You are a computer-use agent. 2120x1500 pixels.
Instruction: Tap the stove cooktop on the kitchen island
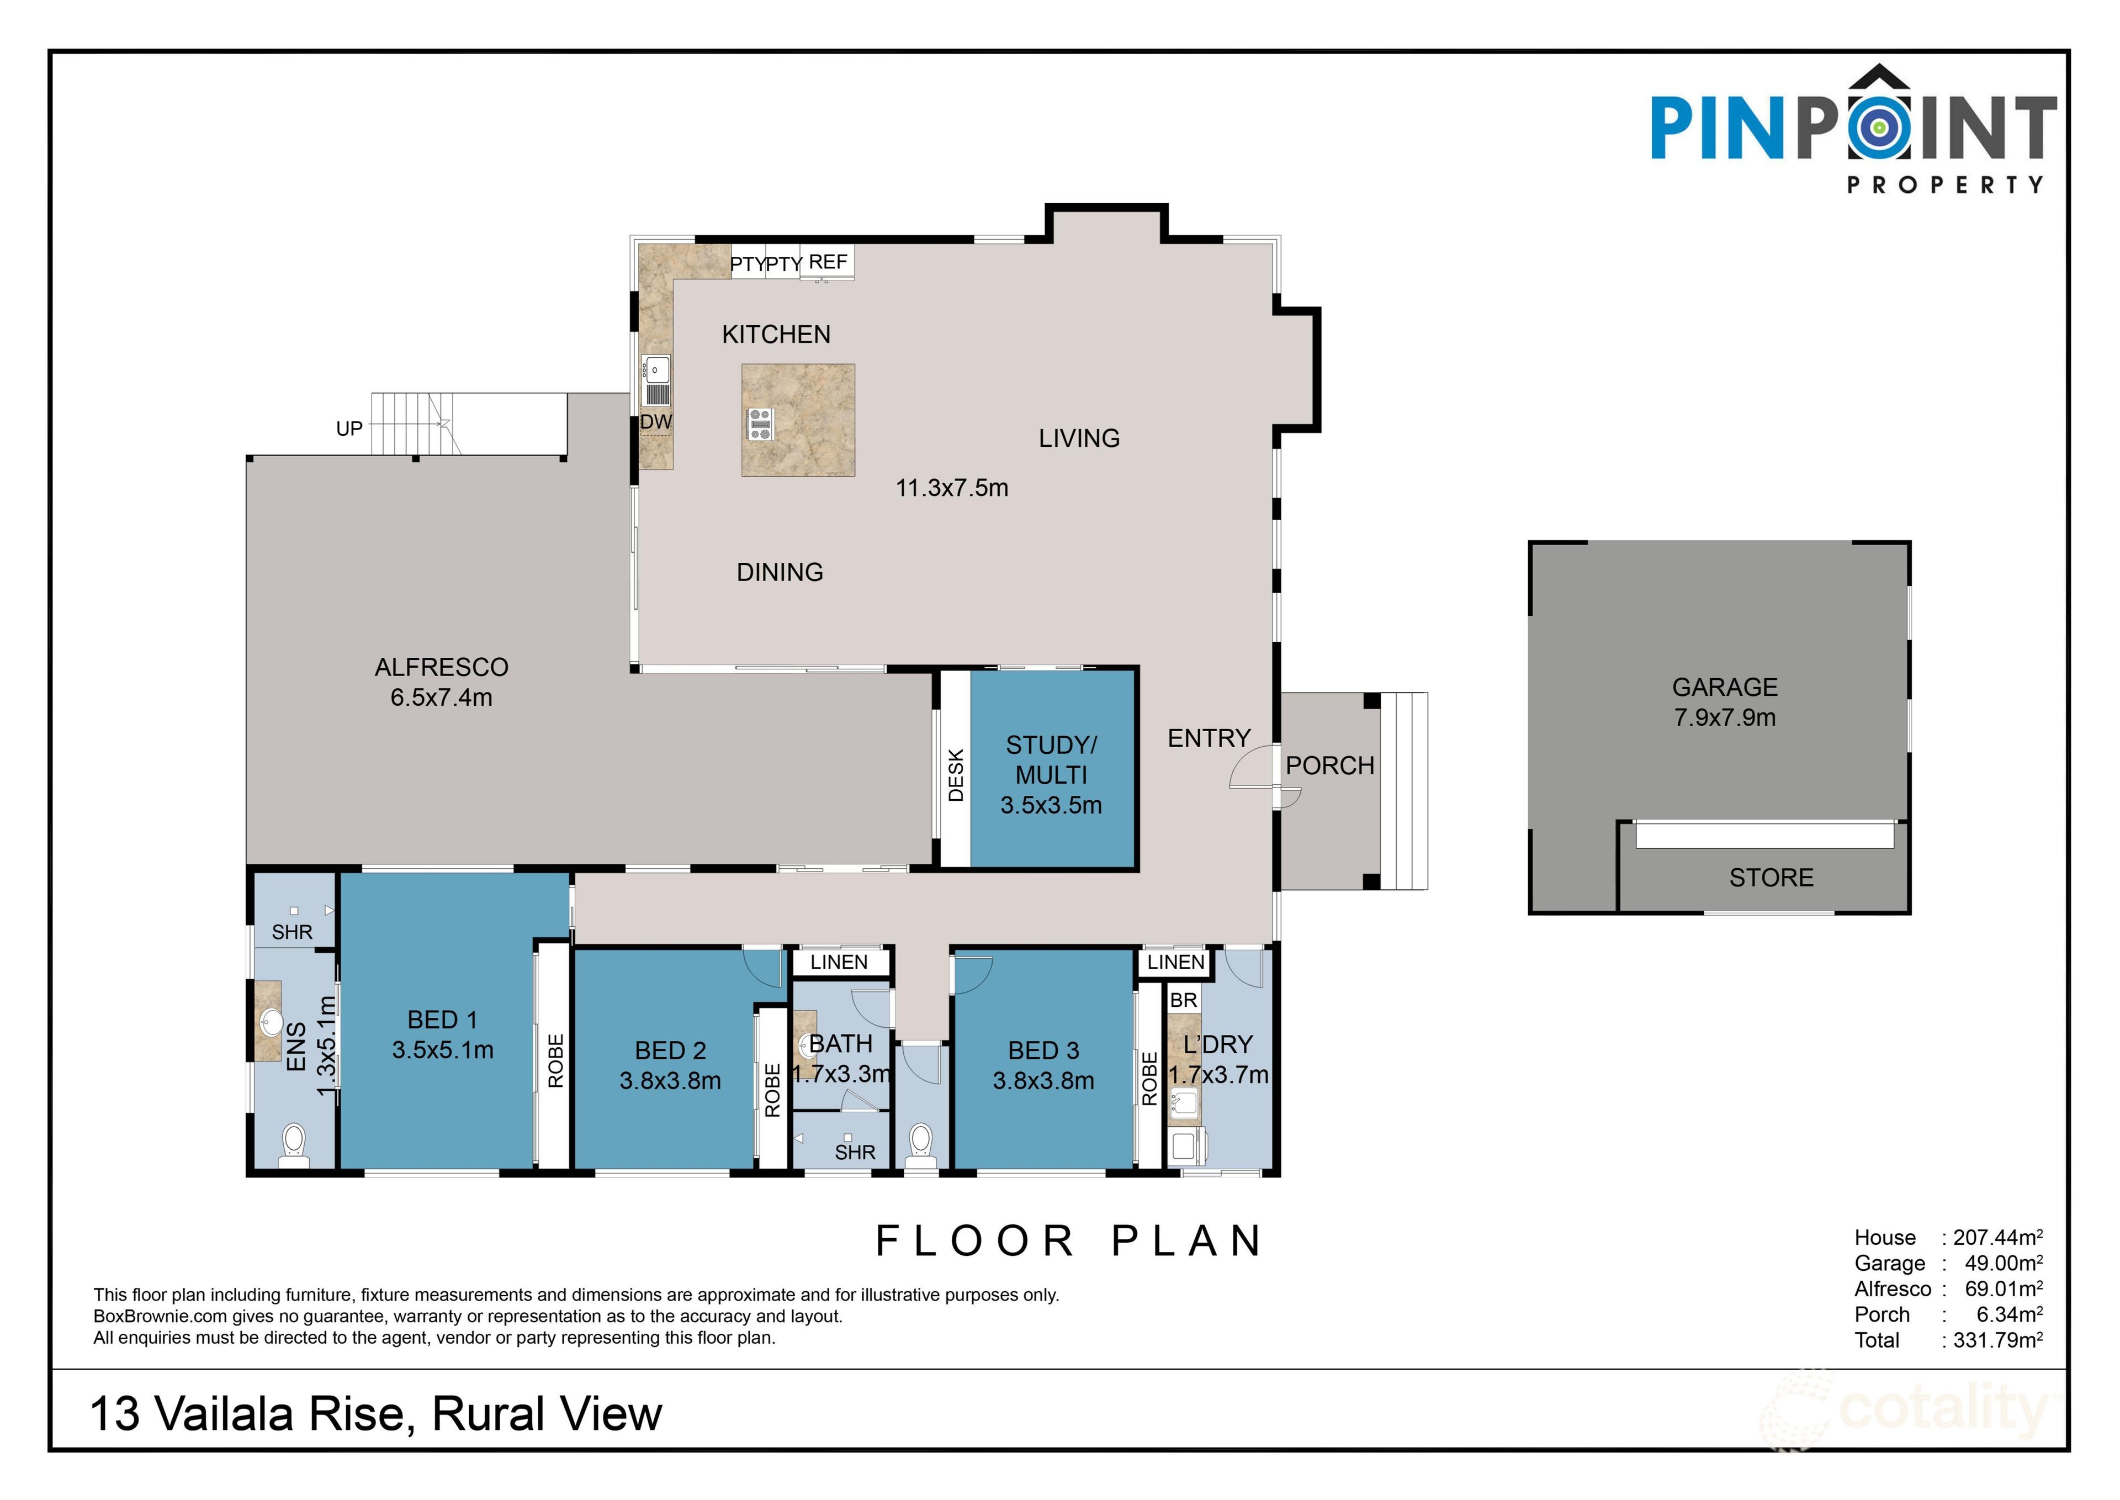(x=760, y=424)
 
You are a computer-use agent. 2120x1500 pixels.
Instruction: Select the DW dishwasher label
(x=655, y=422)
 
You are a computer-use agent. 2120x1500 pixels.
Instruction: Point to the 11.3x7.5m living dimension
(x=952, y=488)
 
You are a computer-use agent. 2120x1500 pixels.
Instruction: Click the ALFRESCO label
(x=441, y=667)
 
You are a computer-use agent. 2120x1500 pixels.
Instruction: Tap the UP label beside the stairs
(x=349, y=429)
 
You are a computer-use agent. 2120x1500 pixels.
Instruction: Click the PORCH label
(x=1329, y=765)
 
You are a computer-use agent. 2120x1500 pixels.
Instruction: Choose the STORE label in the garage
(x=1771, y=878)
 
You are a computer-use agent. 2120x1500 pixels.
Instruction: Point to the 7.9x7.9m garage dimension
(x=1725, y=717)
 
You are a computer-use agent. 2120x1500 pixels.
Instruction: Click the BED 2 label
(x=670, y=1050)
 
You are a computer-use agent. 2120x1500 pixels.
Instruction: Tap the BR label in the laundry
(x=1183, y=1000)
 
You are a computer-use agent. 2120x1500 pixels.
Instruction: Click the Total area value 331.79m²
(x=1997, y=1339)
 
